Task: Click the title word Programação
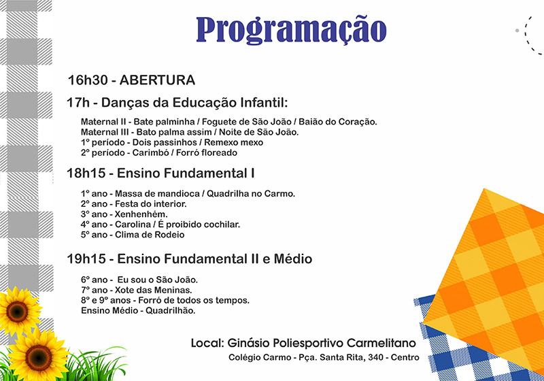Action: click(x=291, y=31)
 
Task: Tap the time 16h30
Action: click(x=88, y=80)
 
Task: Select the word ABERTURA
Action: click(x=157, y=80)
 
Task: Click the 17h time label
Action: click(x=78, y=103)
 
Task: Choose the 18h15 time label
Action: click(x=86, y=173)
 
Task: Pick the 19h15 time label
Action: click(x=86, y=259)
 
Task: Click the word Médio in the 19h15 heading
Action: click(x=293, y=259)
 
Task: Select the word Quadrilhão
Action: click(x=171, y=310)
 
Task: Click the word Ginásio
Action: click(x=248, y=343)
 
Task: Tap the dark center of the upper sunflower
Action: click(x=17, y=312)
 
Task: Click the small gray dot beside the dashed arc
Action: click(x=517, y=31)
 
